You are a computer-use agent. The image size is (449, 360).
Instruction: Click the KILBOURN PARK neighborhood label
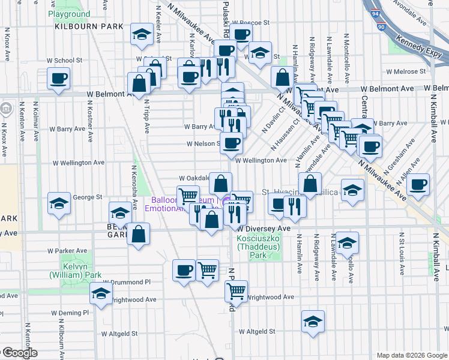point(89,26)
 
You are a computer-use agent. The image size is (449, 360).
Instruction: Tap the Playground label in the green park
point(69,14)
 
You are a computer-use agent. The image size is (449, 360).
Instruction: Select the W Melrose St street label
point(405,71)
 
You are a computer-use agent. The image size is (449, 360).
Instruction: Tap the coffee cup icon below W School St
point(59,79)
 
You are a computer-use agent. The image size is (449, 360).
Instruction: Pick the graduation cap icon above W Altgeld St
point(313,322)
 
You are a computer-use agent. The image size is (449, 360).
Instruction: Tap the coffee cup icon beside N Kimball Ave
point(418,185)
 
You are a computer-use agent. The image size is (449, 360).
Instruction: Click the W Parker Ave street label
point(72,251)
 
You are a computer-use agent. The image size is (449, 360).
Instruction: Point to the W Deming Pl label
point(70,313)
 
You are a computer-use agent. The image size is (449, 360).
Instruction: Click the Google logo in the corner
point(19,353)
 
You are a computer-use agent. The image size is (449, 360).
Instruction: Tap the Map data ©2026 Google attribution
point(411,355)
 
